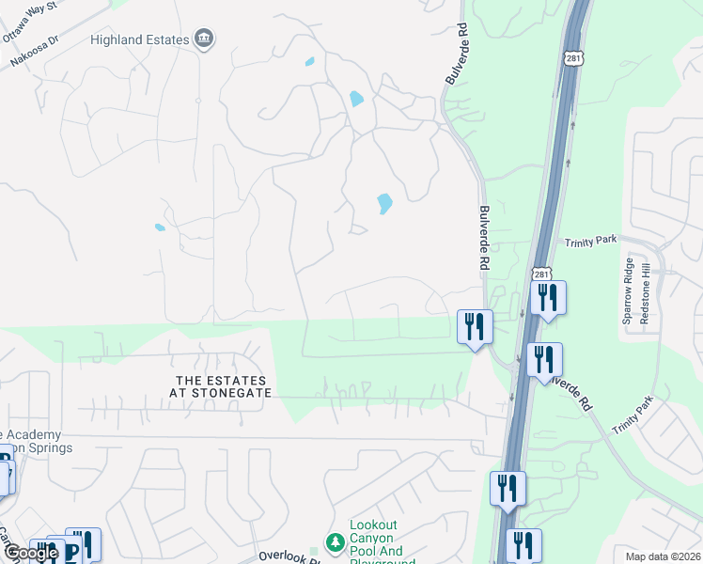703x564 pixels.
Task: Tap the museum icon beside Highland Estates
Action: click(203, 39)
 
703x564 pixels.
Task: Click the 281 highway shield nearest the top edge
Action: click(575, 56)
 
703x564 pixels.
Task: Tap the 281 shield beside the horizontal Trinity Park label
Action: click(539, 274)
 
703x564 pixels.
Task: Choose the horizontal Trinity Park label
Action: click(590, 242)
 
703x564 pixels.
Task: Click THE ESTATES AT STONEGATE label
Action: click(222, 386)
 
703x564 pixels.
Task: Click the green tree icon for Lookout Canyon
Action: click(334, 542)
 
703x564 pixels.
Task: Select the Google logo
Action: click(31, 553)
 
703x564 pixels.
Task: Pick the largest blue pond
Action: click(383, 203)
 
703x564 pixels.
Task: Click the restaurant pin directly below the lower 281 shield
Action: click(548, 298)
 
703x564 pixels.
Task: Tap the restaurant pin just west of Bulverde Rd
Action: click(475, 326)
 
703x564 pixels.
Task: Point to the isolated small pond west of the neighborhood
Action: click(160, 227)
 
